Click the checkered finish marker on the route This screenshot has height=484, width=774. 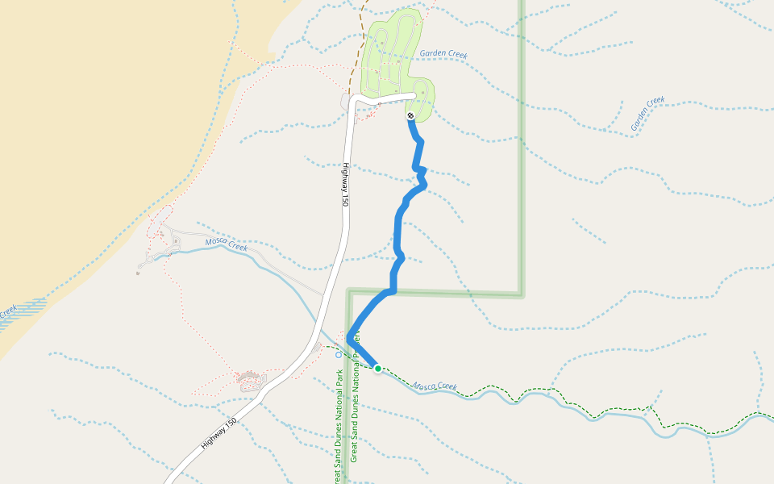[x=410, y=116]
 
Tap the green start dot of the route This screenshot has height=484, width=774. [x=377, y=368]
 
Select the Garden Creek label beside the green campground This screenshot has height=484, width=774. [x=443, y=54]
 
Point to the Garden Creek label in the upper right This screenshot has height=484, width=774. [x=647, y=114]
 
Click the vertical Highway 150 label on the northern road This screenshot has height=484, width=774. [x=345, y=185]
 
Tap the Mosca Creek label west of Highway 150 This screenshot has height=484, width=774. [x=226, y=244]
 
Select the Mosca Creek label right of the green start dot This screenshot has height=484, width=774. [x=435, y=387]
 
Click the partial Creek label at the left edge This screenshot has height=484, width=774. [x=7, y=311]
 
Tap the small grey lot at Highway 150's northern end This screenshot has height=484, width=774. [x=346, y=102]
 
